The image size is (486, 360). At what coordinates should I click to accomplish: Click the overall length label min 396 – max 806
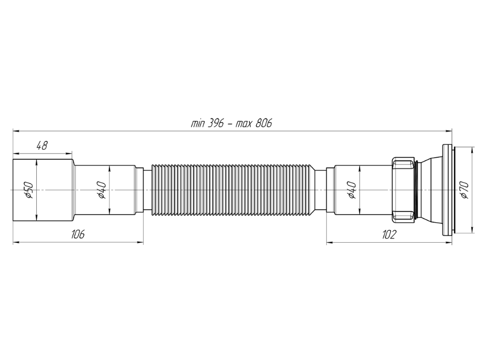(231, 123)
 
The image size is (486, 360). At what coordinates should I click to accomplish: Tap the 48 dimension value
(42, 145)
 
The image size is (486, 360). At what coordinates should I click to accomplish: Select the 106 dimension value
(78, 234)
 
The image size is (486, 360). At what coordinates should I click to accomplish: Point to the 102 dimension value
(389, 235)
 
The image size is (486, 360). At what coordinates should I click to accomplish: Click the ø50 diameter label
(29, 190)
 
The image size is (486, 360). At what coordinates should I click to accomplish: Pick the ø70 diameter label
(465, 190)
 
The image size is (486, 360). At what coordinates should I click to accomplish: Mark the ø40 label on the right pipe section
(352, 190)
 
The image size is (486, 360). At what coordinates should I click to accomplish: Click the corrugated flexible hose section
(233, 190)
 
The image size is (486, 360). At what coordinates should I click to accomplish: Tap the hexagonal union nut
(403, 190)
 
